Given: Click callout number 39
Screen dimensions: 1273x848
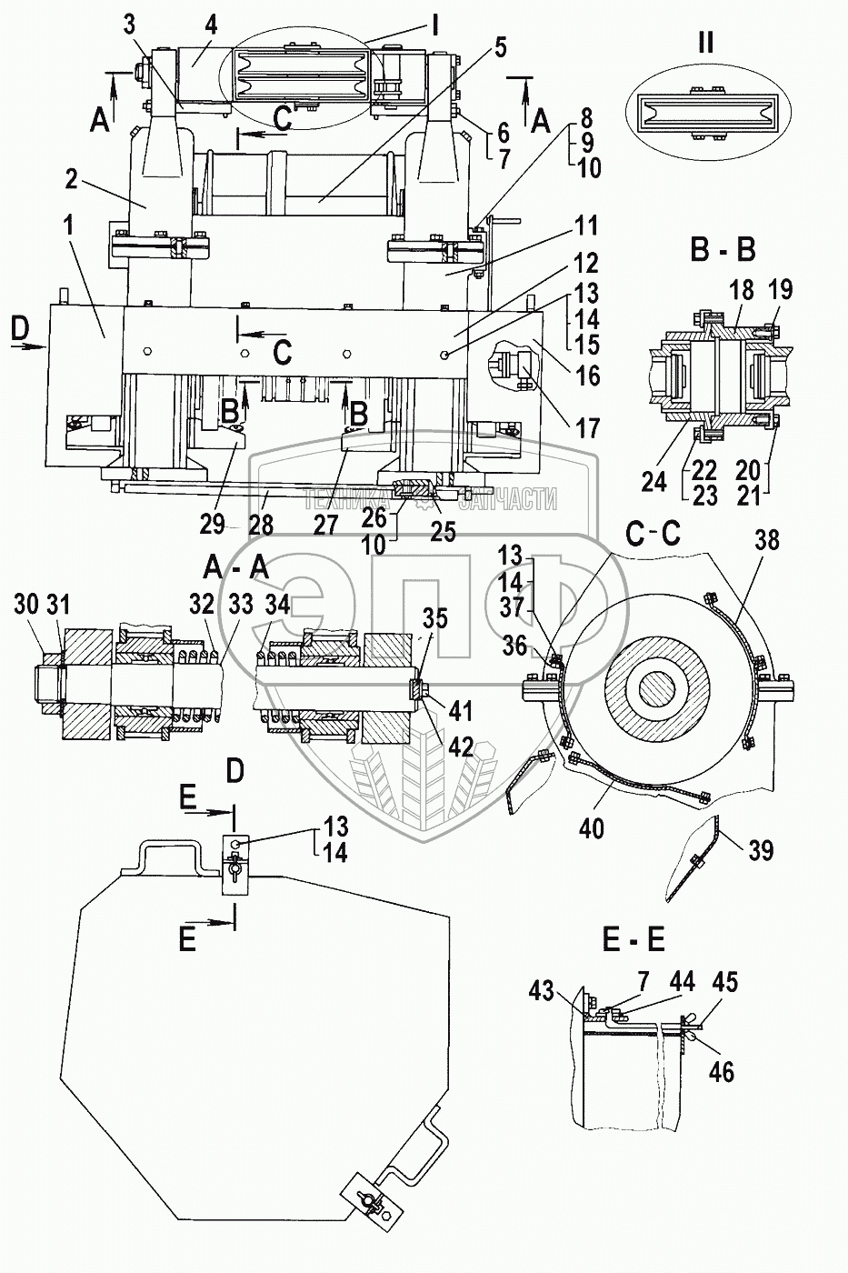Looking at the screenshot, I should click(x=760, y=850).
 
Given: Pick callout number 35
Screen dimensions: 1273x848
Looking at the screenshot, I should click(x=435, y=620).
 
